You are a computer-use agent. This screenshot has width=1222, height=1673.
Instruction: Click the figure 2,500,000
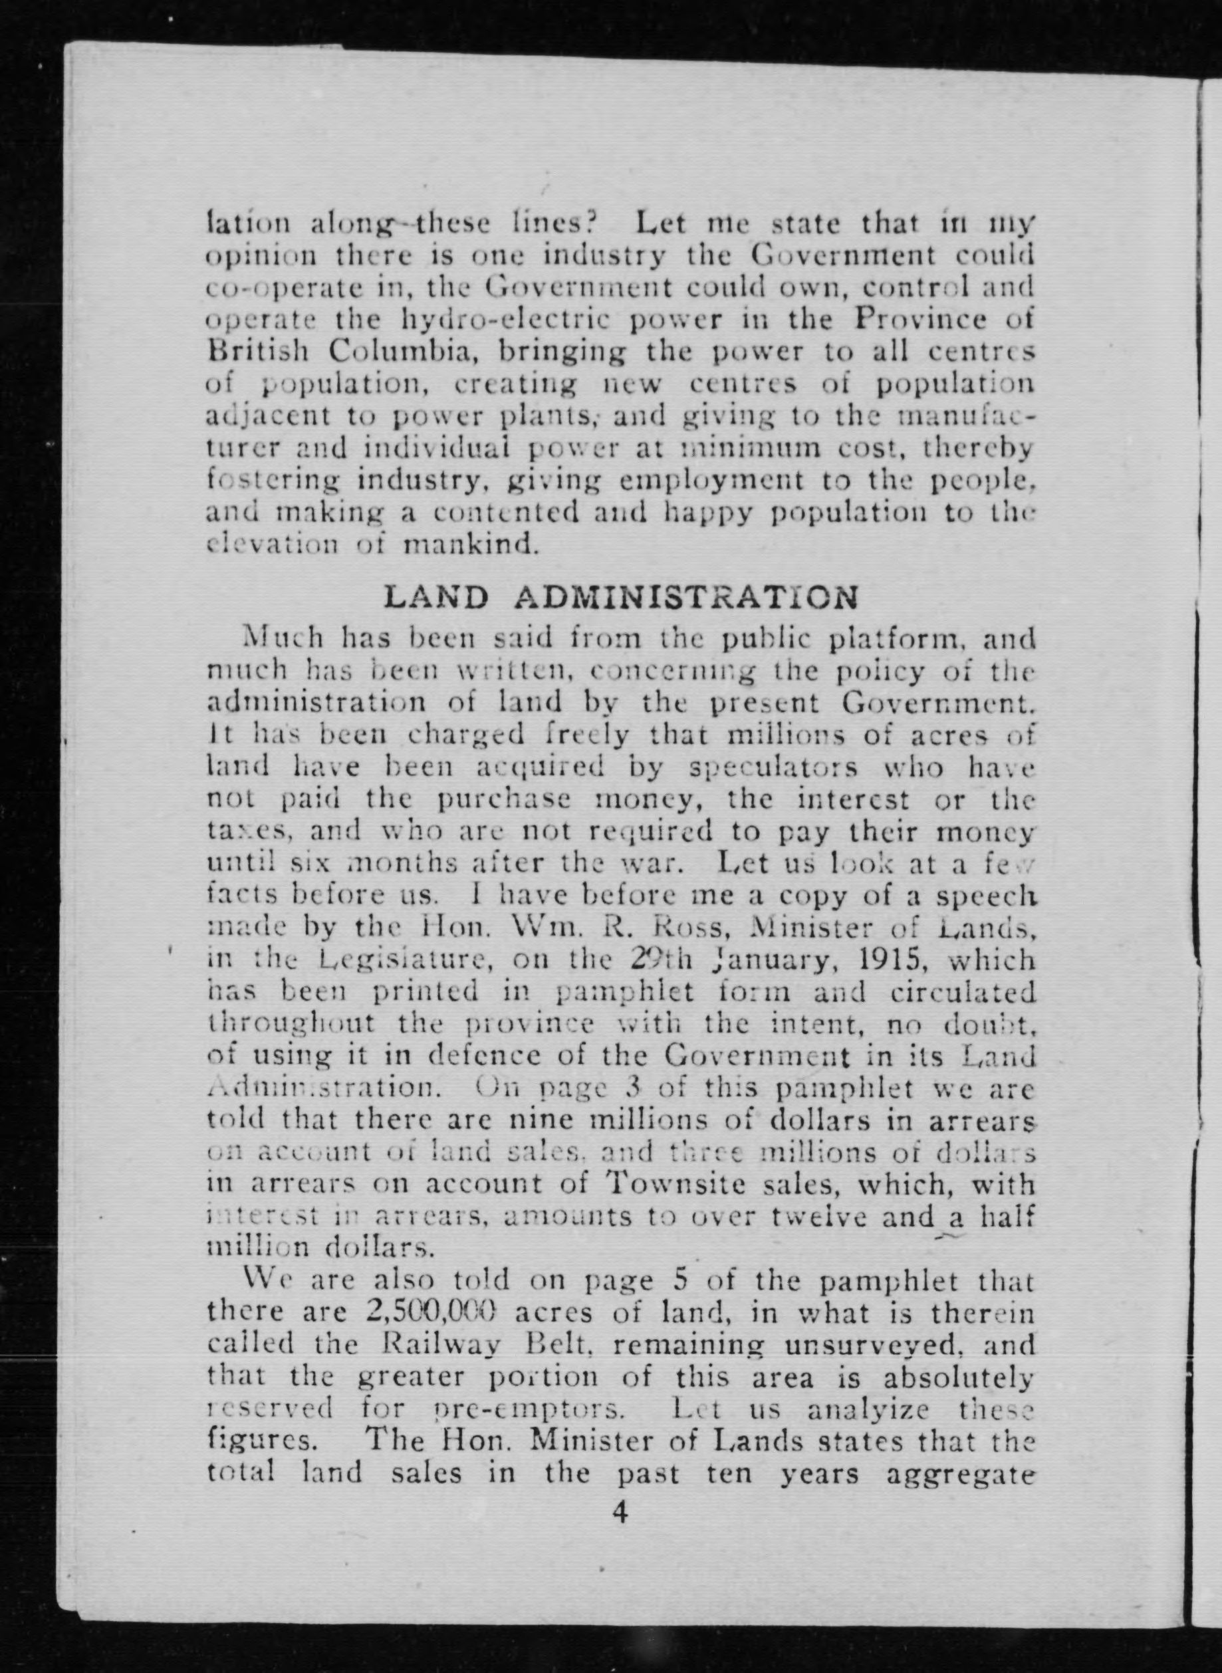[x=429, y=1312]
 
